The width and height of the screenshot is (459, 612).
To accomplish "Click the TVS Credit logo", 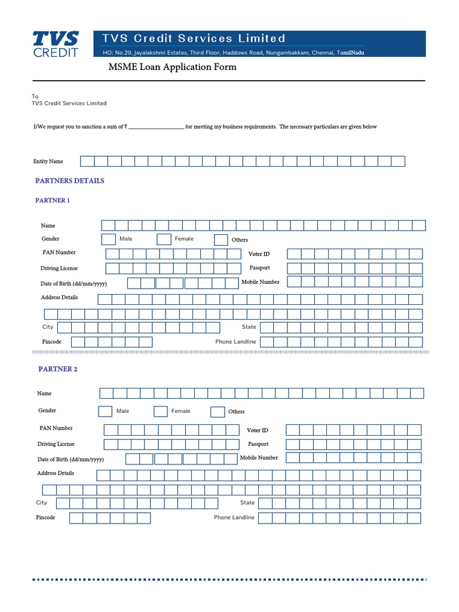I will [x=56, y=44].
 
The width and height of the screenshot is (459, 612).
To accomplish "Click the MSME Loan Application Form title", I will [x=172, y=67].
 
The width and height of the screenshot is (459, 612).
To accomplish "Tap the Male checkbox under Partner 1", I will [x=108, y=239].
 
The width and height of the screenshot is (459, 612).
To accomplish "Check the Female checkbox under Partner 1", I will [x=164, y=239].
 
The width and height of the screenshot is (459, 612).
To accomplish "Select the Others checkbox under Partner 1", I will [x=221, y=240].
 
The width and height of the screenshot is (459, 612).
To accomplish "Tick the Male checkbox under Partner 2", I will [x=105, y=411].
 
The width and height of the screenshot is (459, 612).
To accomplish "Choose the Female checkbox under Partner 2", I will [x=160, y=411].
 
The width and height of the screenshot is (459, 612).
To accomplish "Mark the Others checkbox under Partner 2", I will [x=217, y=412].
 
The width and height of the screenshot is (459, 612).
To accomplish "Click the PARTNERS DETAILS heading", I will [x=69, y=180].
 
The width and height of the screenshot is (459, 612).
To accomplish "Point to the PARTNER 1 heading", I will [x=53, y=200].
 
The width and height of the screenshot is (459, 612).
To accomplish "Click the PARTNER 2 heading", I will [x=58, y=369].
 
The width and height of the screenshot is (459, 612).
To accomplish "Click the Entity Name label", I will [x=48, y=161].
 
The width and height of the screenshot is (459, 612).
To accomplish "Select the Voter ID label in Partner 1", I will [x=259, y=254].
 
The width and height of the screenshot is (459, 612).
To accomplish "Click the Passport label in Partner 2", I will [x=258, y=444].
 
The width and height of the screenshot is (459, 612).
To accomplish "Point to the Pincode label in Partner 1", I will [x=51, y=342].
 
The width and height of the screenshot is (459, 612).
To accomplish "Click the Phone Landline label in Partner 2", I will [x=234, y=518].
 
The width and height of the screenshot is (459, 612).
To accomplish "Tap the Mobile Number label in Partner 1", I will [x=261, y=281].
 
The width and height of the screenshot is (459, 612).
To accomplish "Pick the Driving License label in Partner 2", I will [x=56, y=444].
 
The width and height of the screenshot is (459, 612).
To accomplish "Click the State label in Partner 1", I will [x=249, y=327].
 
